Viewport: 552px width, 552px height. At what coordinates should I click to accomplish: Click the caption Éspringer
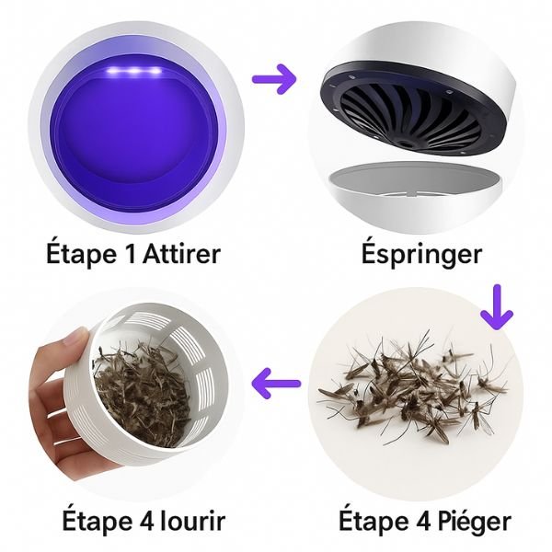coord(420,253)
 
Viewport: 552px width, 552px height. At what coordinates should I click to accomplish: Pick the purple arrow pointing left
coord(277,380)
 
